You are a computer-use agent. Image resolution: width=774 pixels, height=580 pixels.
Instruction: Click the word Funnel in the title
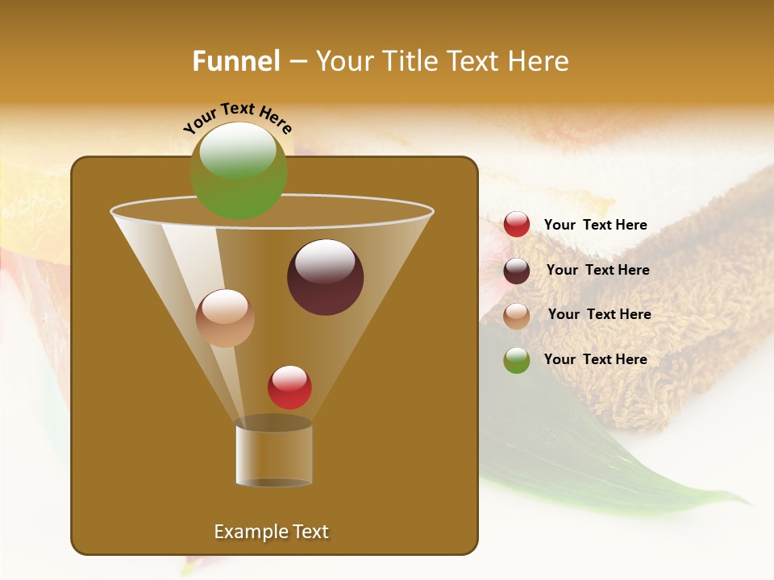coord(235,61)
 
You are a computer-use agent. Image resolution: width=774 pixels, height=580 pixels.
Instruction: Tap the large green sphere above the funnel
coord(238,171)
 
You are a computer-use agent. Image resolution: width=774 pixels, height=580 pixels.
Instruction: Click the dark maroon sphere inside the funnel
coord(325,277)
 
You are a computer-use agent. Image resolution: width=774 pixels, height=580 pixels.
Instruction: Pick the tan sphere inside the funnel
coord(225,318)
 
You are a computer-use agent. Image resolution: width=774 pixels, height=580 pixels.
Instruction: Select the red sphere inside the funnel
coord(289,387)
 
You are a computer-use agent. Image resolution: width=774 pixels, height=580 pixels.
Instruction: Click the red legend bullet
coord(517,225)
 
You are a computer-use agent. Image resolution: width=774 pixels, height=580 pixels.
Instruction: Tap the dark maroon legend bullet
coord(517,271)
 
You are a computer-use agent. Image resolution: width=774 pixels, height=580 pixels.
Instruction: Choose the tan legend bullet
coord(517,315)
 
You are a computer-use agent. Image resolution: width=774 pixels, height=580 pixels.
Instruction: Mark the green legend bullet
coord(517,360)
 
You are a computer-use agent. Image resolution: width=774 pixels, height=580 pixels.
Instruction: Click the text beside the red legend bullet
coord(595,225)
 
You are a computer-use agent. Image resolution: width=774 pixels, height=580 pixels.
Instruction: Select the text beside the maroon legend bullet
coord(597,270)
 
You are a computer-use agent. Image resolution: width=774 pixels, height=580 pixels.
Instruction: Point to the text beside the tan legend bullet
coord(599,314)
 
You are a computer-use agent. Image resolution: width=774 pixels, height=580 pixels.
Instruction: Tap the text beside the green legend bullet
coord(595,359)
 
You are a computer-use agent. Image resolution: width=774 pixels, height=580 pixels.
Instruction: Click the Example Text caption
coord(271,532)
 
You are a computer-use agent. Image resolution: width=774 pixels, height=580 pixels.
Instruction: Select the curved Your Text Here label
coord(237,118)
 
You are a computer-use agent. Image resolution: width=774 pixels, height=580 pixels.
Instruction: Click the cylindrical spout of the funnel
coord(273,455)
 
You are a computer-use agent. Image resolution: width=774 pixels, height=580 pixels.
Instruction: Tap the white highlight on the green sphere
coord(237,151)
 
